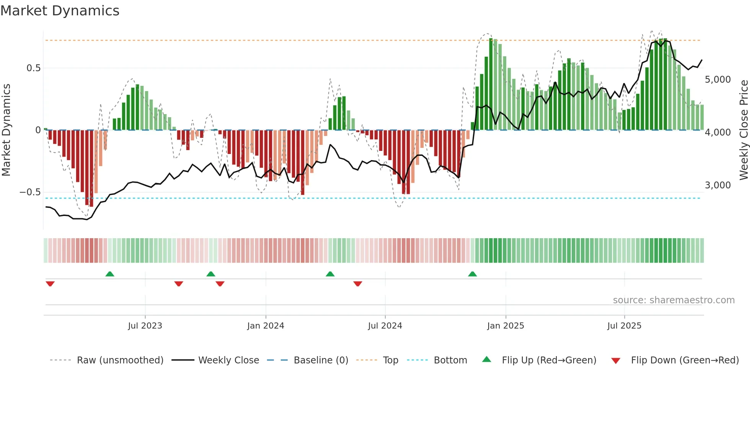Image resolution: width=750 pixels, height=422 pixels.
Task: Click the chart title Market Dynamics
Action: coord(60,11)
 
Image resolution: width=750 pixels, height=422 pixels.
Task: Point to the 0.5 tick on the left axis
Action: coord(33,68)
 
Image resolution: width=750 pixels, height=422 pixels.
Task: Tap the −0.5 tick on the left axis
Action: coord(30,192)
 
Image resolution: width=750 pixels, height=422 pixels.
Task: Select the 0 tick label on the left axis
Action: coord(38,130)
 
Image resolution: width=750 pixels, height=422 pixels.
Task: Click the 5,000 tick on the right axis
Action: coord(717,80)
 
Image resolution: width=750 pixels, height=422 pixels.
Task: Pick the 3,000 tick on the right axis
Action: coord(717,185)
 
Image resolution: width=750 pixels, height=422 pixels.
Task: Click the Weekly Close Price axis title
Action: coord(743,130)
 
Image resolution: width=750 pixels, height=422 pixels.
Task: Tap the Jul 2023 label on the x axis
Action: coord(145,326)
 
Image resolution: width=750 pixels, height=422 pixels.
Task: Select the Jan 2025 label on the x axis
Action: coord(505,326)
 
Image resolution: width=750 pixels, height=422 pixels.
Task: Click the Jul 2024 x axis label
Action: coord(385,326)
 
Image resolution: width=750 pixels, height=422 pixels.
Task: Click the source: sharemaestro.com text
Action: coord(673,300)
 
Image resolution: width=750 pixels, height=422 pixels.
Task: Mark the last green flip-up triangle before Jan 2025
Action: coord(473,274)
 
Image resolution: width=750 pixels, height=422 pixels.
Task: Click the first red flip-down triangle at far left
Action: coord(50,284)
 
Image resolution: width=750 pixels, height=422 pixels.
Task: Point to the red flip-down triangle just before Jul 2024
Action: coord(358,284)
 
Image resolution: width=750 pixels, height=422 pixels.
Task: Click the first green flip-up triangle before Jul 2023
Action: coord(110,274)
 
